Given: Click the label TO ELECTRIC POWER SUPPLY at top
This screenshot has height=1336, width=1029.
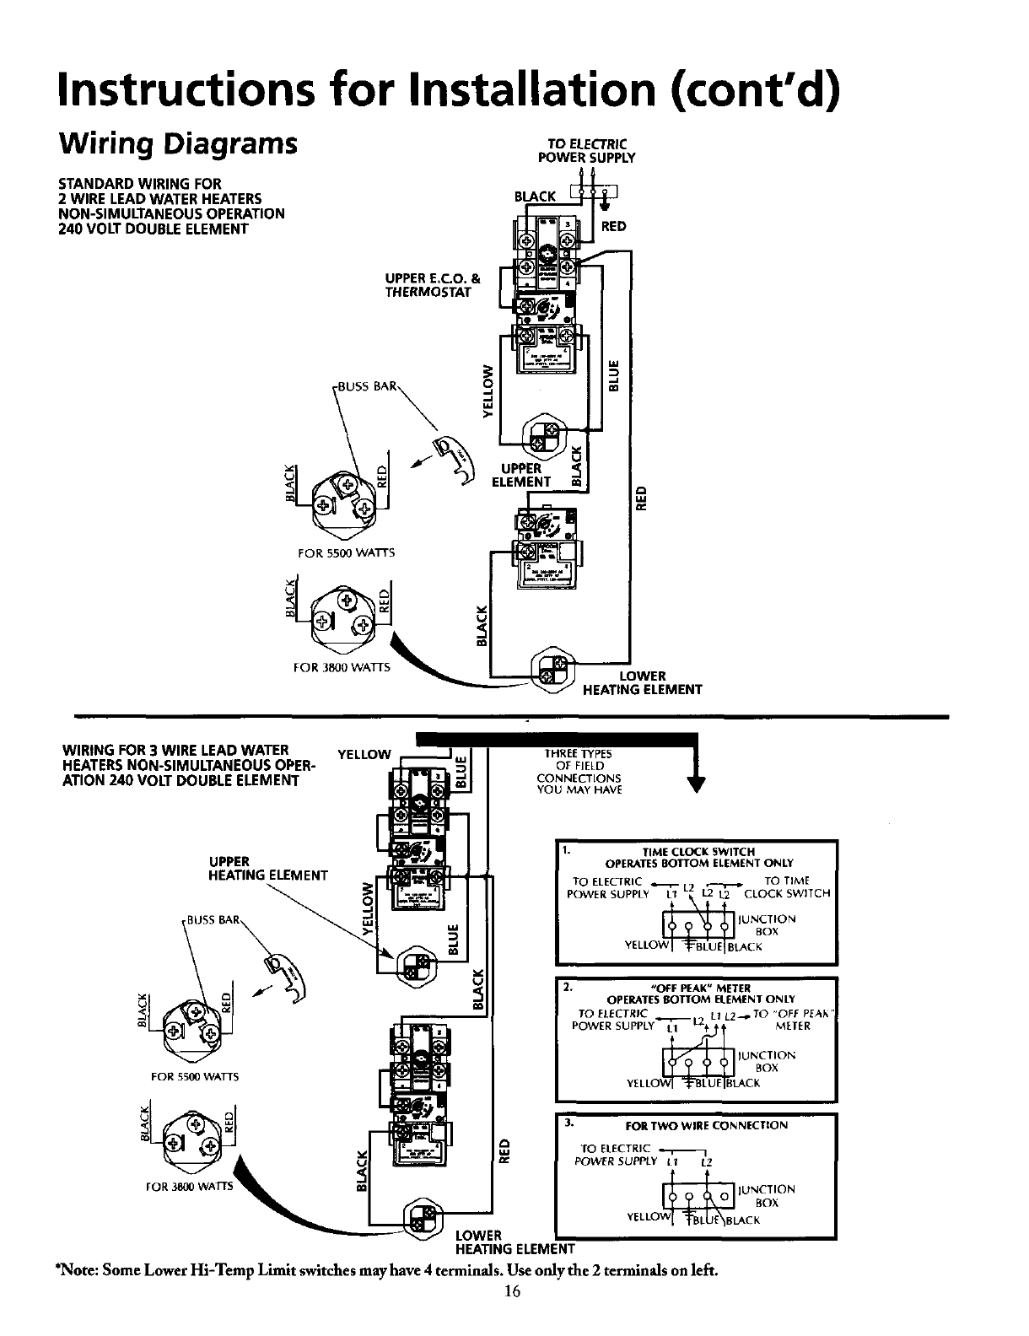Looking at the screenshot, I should (x=598, y=150).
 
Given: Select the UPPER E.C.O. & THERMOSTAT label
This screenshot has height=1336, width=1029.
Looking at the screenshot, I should (x=433, y=286).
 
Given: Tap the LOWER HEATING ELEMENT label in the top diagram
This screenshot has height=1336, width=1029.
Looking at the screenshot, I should (x=643, y=682).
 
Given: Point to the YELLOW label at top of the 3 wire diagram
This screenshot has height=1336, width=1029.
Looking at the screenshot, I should (x=364, y=753).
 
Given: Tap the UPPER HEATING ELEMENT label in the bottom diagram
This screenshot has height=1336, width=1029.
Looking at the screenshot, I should (x=267, y=868).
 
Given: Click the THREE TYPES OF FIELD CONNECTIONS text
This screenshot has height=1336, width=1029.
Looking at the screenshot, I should (x=579, y=772).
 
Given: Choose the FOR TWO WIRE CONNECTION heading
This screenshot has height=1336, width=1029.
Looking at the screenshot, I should (x=706, y=1125).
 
